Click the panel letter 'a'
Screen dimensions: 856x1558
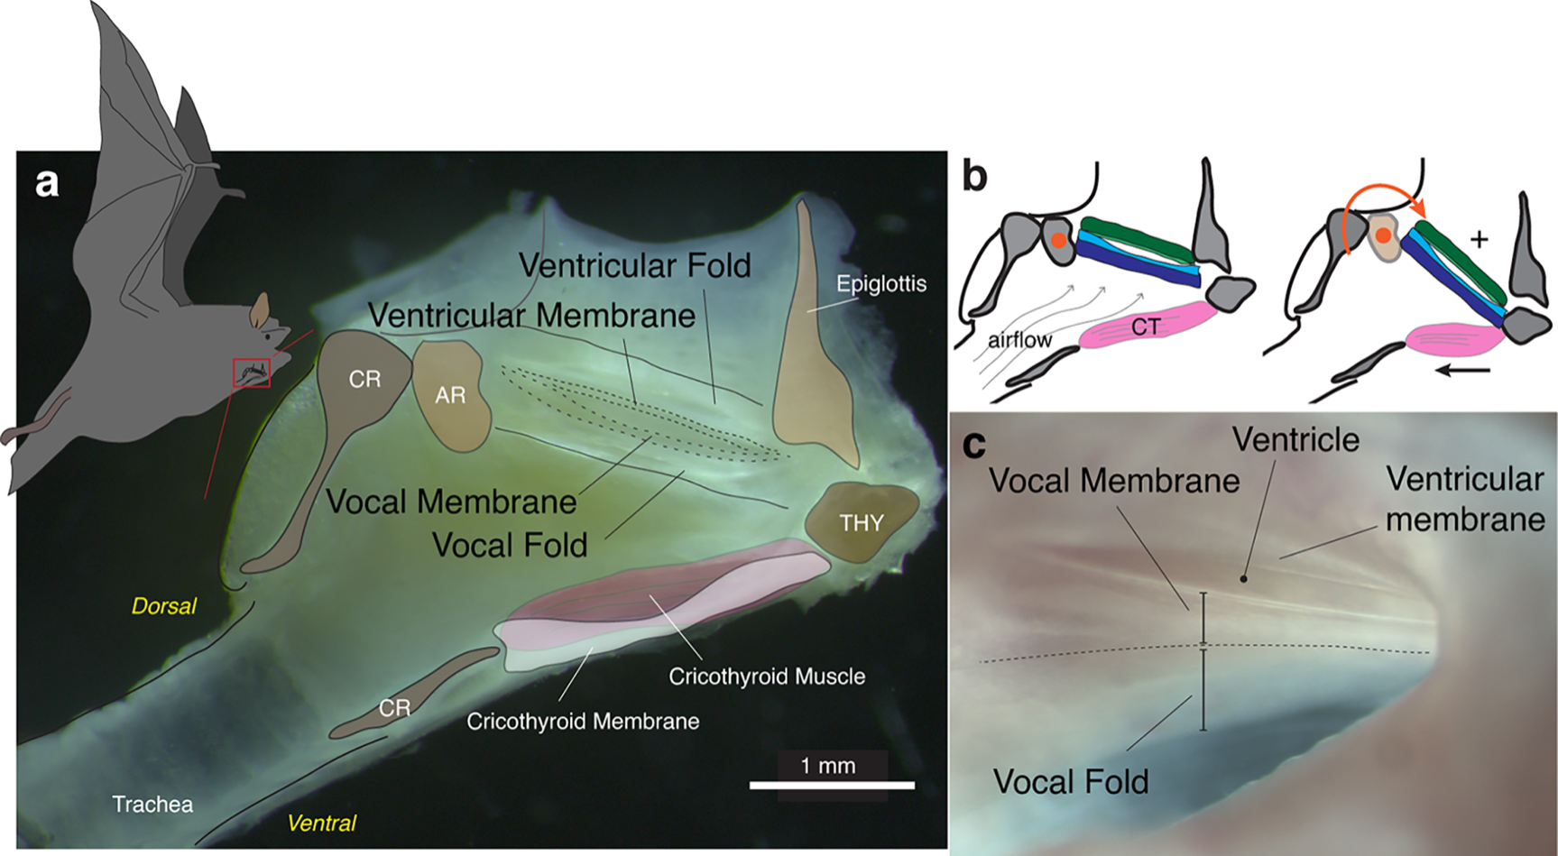pos(46,183)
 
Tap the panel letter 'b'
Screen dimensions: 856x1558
pos(975,176)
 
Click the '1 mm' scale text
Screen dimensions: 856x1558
pos(827,766)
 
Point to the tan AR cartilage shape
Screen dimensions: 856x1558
pos(450,393)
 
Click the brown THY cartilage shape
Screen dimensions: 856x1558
pos(861,522)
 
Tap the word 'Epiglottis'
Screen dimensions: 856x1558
pos(880,284)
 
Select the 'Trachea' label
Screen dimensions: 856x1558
pos(152,804)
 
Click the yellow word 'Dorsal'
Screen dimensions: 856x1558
pos(163,606)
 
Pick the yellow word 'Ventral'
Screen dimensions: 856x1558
pos(321,823)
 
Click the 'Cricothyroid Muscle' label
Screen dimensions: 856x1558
pos(767,677)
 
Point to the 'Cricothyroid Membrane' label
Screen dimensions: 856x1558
pos(583,722)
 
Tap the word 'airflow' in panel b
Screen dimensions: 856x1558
pos(1019,340)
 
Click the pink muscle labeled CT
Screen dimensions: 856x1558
pos(1146,327)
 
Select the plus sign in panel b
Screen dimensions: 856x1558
pos(1479,239)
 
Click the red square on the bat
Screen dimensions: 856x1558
pos(252,372)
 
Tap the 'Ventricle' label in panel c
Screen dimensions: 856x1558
pos(1295,440)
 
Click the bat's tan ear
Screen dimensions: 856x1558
pos(260,309)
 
